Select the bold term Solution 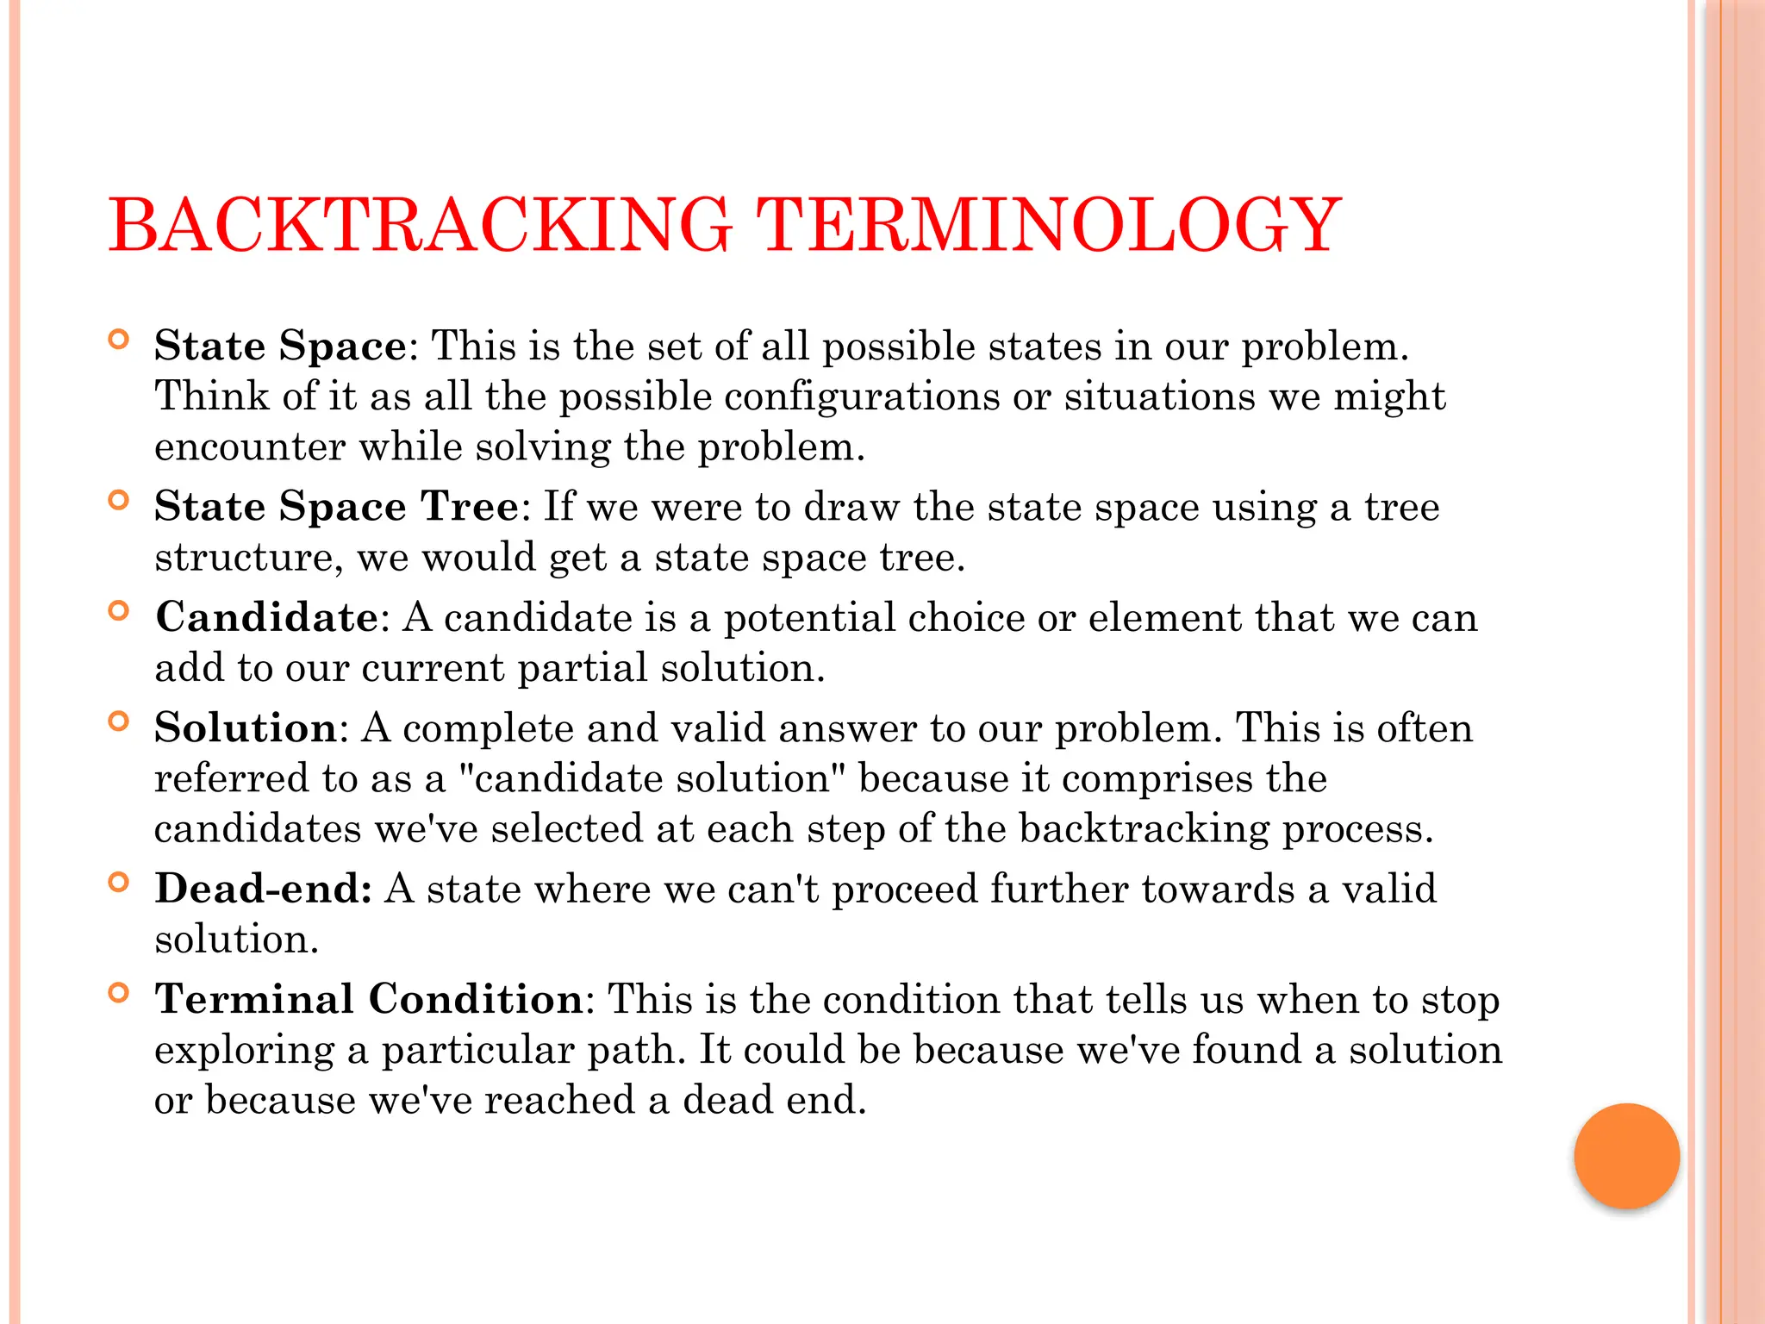(246, 728)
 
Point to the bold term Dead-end (263, 888)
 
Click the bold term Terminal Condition (370, 999)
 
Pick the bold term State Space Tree (337, 506)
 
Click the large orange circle (1626, 1156)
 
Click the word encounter (250, 447)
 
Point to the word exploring (244, 1052)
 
